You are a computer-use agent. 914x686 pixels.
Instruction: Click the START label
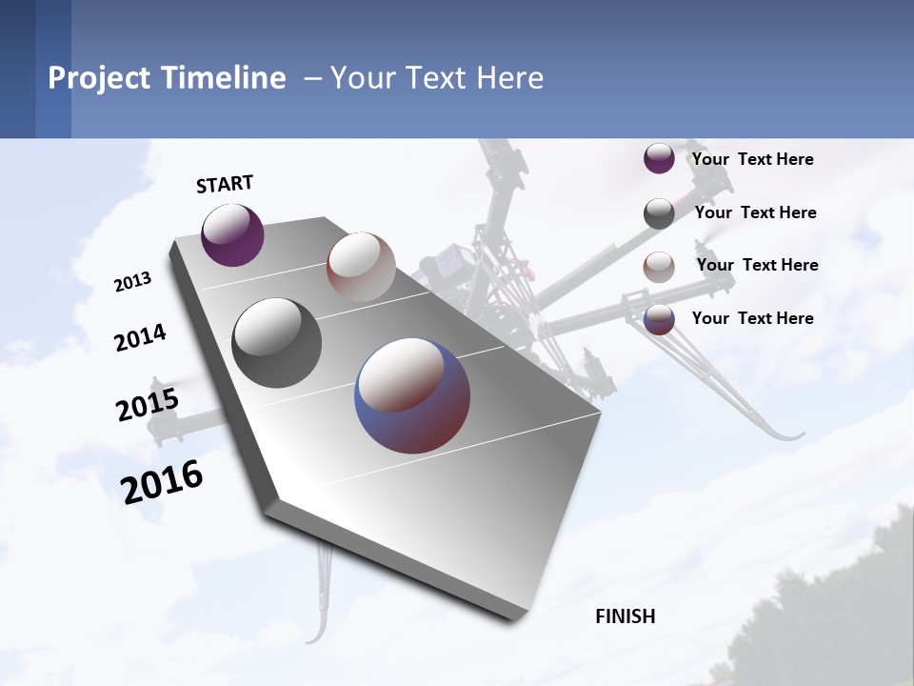[225, 184]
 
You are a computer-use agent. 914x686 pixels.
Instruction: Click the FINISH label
[626, 616]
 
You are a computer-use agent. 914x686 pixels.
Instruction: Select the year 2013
[132, 282]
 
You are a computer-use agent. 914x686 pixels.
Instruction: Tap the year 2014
[140, 338]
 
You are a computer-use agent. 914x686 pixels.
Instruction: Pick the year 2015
[148, 405]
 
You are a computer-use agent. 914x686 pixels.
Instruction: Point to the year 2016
[162, 482]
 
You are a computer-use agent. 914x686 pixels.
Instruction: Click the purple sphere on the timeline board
[232, 235]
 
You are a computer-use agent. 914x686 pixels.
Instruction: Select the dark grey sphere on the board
[277, 343]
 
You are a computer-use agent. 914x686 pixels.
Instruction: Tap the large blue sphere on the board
[412, 395]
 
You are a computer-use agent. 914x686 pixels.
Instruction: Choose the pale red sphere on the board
[361, 267]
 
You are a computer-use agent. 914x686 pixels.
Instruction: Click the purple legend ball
[659, 158]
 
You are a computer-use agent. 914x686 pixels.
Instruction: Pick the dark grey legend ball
[659, 213]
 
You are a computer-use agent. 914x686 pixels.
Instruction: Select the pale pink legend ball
[659, 267]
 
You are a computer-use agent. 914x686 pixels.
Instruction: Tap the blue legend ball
[659, 320]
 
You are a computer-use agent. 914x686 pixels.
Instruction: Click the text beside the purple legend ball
[753, 159]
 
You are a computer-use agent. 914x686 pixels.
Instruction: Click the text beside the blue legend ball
[753, 318]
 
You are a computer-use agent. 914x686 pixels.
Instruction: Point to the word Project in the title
[99, 78]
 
